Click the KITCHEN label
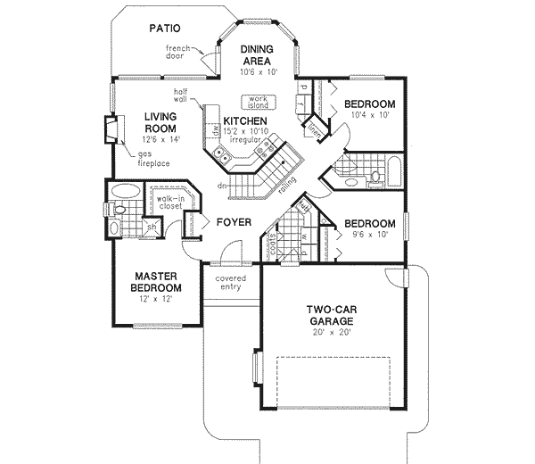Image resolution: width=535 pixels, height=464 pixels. point(245,120)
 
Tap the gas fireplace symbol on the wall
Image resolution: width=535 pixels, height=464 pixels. point(111,130)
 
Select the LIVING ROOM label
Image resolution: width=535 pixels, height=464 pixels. point(162,120)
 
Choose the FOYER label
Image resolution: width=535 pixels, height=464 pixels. point(231,222)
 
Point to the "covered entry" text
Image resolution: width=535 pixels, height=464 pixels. point(231,285)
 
